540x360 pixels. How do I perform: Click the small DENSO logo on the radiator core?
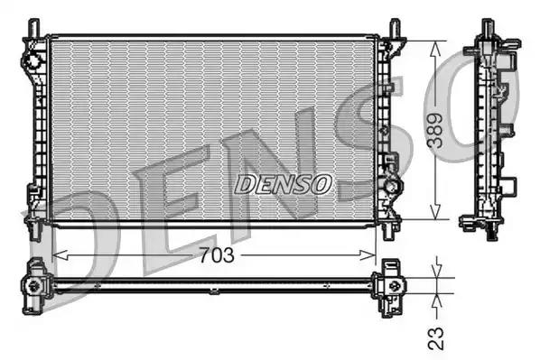(284, 184)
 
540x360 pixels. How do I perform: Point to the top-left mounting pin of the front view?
(35, 26)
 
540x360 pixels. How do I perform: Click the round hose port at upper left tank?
(33, 61)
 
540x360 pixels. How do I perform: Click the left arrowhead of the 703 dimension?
(58, 255)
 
